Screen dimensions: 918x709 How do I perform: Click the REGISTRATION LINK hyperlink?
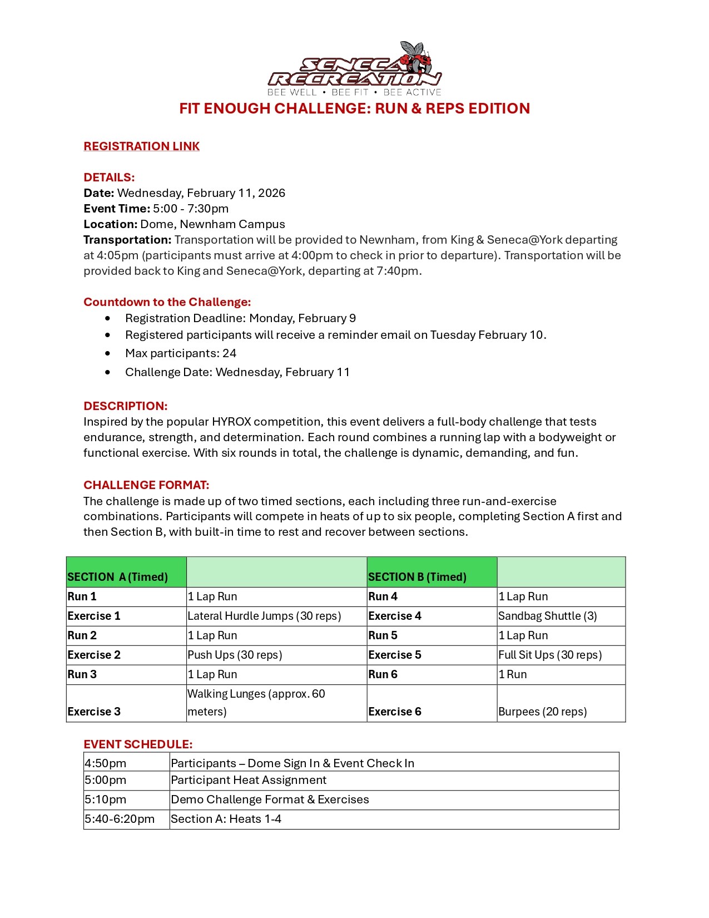click(141, 146)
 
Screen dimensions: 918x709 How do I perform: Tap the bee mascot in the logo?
click(417, 57)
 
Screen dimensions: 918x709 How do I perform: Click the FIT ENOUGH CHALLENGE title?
click(354, 108)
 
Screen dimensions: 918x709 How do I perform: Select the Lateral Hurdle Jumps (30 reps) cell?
click(264, 616)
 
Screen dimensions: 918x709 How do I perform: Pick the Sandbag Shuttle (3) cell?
click(547, 616)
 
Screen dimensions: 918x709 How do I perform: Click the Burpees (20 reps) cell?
click(542, 712)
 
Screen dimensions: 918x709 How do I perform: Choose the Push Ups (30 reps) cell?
click(235, 655)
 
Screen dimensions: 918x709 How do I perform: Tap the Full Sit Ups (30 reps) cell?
click(550, 655)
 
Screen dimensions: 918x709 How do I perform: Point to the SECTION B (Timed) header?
click(417, 577)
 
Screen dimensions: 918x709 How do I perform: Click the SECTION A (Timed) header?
click(117, 577)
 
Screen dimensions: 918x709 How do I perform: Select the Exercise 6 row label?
click(395, 712)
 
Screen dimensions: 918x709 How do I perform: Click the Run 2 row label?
click(82, 635)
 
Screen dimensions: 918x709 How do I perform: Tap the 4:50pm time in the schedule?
click(106, 763)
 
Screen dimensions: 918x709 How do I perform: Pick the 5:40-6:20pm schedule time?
click(120, 819)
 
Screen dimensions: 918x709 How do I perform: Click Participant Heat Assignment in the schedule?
click(249, 780)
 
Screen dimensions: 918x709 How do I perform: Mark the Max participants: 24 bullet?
click(181, 353)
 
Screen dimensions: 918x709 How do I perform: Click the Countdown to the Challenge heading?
click(167, 302)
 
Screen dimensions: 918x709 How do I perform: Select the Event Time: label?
click(117, 209)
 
